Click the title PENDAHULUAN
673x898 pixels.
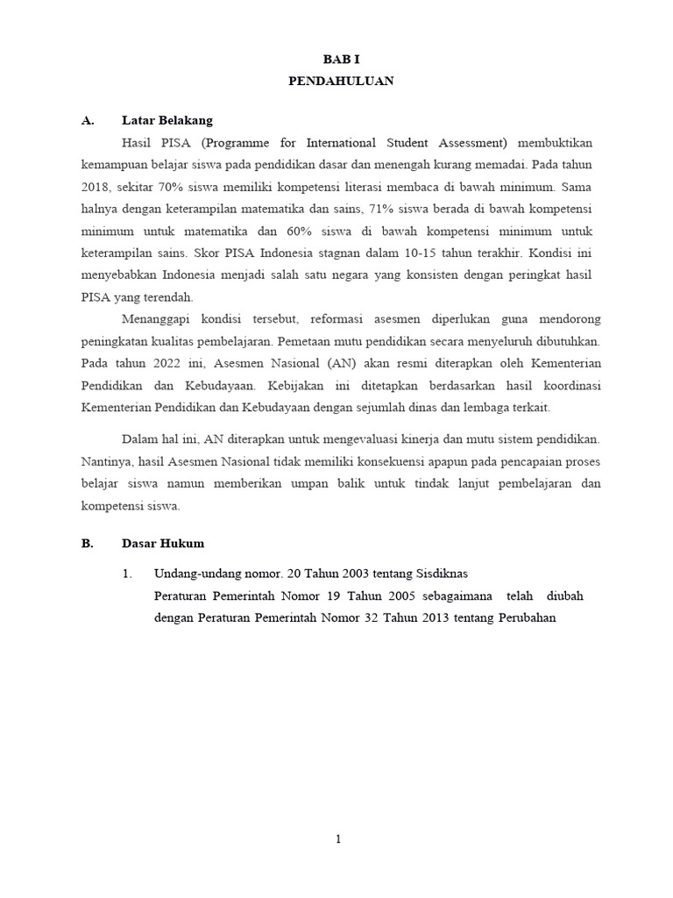click(341, 81)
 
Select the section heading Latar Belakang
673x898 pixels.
click(166, 120)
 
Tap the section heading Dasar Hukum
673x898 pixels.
click(162, 544)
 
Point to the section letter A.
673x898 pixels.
click(87, 120)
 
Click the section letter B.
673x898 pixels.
click(87, 544)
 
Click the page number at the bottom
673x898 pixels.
click(338, 839)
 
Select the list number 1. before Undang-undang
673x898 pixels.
click(128, 574)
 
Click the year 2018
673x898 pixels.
click(95, 187)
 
